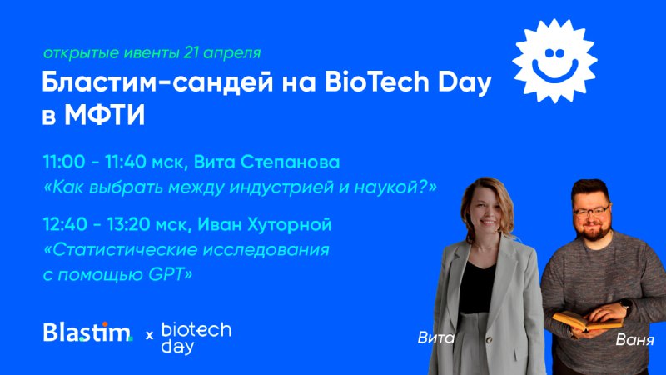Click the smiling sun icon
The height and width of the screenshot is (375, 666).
554,61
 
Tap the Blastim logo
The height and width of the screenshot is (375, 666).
88,332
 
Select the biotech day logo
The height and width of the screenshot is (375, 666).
196,338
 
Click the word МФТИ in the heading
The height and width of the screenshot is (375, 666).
105,115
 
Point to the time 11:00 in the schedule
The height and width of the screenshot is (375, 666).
64,162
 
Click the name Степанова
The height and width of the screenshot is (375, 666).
290,162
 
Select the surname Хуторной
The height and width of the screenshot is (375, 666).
289,224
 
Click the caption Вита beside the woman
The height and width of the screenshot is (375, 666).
435,337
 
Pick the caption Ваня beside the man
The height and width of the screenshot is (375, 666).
634,340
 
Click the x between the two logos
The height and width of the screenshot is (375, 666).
149,336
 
